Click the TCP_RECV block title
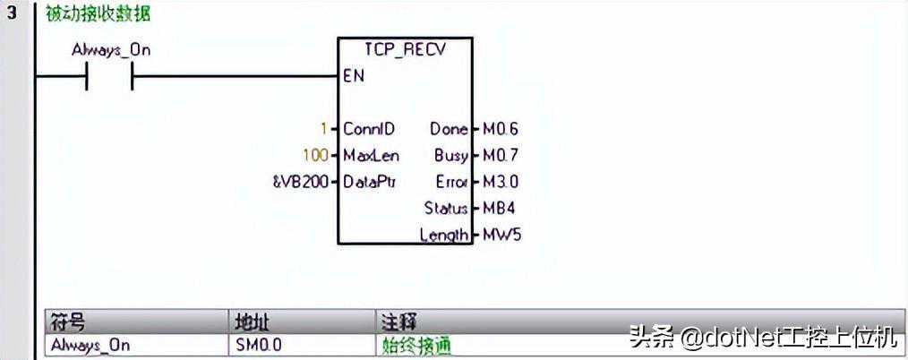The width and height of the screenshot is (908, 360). (405, 50)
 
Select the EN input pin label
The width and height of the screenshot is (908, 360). (354, 76)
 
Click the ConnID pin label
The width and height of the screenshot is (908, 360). (368, 129)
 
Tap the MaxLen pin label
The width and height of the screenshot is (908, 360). (371, 156)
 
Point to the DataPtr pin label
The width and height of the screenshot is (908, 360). (369, 182)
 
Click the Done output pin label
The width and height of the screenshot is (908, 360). (449, 129)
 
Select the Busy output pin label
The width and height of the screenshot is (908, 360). (450, 156)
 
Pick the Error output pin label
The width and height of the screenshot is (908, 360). (451, 182)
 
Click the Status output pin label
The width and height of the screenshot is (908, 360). (446, 209)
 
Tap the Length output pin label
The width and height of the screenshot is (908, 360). (444, 235)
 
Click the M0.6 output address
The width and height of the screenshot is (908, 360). (500, 129)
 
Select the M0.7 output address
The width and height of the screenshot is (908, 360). (500, 156)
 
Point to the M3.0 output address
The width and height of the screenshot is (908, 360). (500, 182)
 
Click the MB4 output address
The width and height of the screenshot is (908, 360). (497, 209)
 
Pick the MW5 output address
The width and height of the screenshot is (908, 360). (499, 235)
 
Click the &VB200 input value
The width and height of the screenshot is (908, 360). (299, 182)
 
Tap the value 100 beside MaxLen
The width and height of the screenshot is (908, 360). (315, 156)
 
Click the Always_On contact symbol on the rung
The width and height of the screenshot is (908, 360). (109, 78)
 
